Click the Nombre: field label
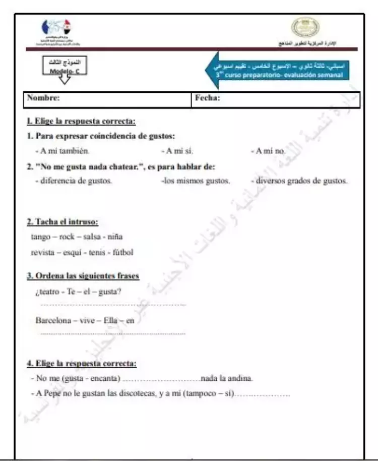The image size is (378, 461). (43, 98)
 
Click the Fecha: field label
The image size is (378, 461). (207, 98)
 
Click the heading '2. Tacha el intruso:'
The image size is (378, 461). (62, 222)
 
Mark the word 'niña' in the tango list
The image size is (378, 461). (115, 237)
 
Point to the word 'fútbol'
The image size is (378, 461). (123, 252)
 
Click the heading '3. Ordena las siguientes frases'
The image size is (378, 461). (83, 275)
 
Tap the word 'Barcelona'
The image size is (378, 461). (53, 320)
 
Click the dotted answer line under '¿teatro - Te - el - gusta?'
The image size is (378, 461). (112, 305)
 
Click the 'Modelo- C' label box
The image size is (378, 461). (65, 68)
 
